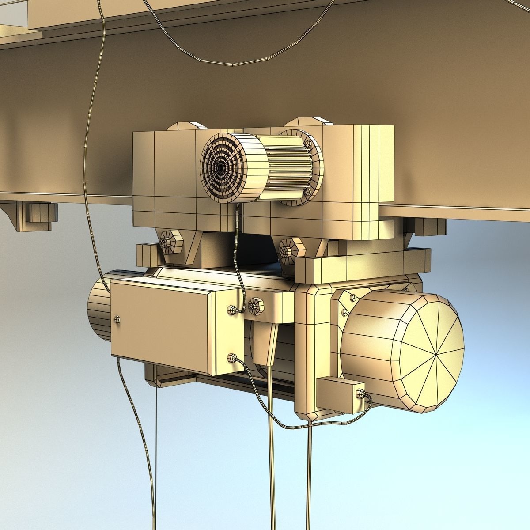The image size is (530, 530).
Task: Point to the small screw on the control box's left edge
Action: pyautogui.click(x=116, y=319)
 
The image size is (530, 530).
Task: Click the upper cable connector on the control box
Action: pyautogui.click(x=231, y=310)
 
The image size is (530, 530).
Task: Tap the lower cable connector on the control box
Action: pyautogui.click(x=231, y=357)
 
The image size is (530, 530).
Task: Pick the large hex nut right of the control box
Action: pyautogui.click(x=255, y=305)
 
